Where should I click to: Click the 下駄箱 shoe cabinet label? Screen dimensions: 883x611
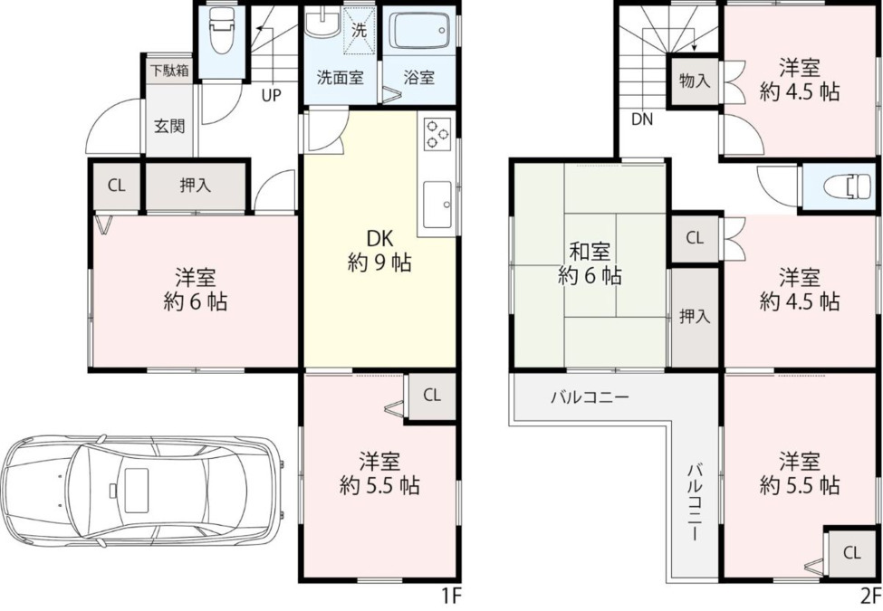(169, 71)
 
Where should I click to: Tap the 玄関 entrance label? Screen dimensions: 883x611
(169, 126)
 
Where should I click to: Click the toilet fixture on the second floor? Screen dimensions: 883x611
(847, 186)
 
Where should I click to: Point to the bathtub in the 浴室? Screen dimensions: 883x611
(420, 32)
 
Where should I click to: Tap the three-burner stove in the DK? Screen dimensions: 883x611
(437, 134)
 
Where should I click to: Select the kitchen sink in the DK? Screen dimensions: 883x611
(437, 205)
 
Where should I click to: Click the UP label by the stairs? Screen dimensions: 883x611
(271, 96)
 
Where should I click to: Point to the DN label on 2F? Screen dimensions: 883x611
(642, 119)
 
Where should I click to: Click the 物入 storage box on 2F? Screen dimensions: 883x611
(695, 81)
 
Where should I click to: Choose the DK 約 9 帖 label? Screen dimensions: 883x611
(379, 251)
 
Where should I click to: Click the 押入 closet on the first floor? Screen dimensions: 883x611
(196, 186)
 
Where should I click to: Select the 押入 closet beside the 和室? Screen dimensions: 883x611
(695, 318)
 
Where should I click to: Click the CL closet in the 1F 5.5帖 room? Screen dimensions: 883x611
(432, 396)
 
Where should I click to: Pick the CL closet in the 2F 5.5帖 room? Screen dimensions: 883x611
(852, 552)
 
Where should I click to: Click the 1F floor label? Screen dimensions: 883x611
(451, 596)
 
